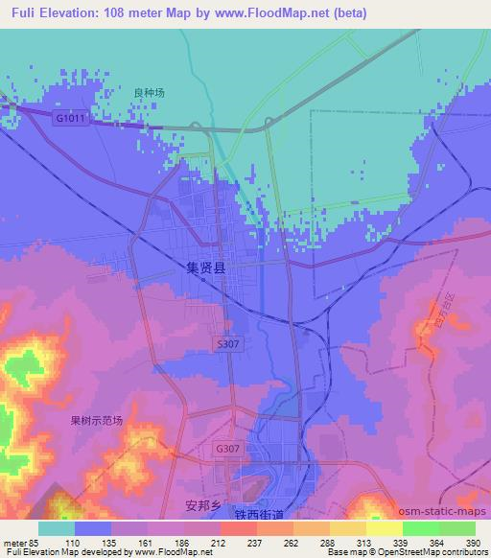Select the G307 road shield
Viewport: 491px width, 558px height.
(227, 448)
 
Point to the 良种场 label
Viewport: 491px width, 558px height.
(149, 93)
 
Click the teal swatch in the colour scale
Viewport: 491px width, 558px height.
(57, 528)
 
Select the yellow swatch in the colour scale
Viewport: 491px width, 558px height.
(384, 528)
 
